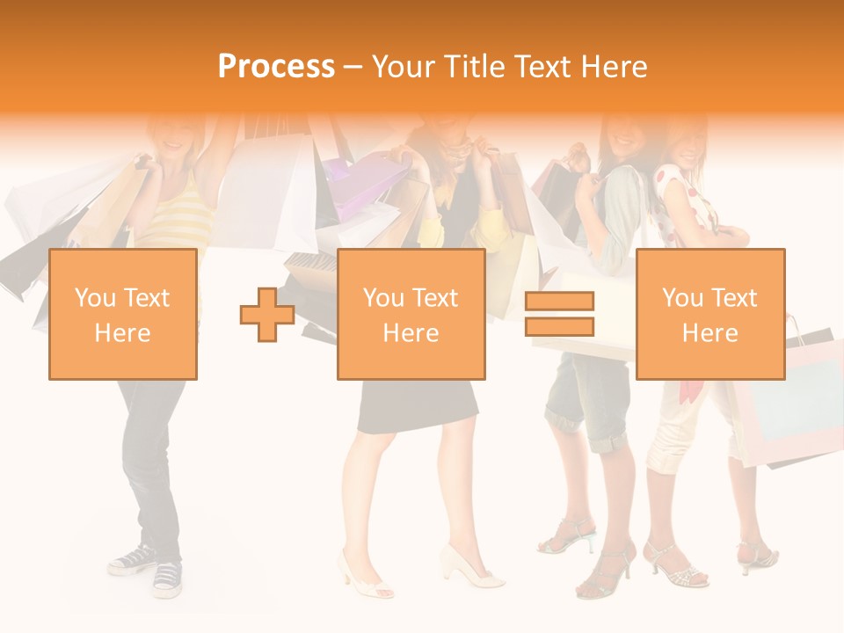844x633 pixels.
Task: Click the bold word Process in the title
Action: click(x=276, y=67)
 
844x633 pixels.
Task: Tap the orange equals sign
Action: click(x=559, y=315)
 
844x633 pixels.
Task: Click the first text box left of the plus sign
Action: click(x=122, y=315)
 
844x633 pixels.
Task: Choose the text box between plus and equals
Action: click(x=411, y=315)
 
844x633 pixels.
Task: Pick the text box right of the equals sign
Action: click(x=709, y=315)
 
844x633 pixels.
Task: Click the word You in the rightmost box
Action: click(x=682, y=298)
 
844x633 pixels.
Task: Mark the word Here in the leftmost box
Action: click(x=122, y=333)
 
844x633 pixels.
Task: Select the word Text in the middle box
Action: click(x=435, y=298)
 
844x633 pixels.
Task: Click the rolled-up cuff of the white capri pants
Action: click(x=669, y=457)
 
